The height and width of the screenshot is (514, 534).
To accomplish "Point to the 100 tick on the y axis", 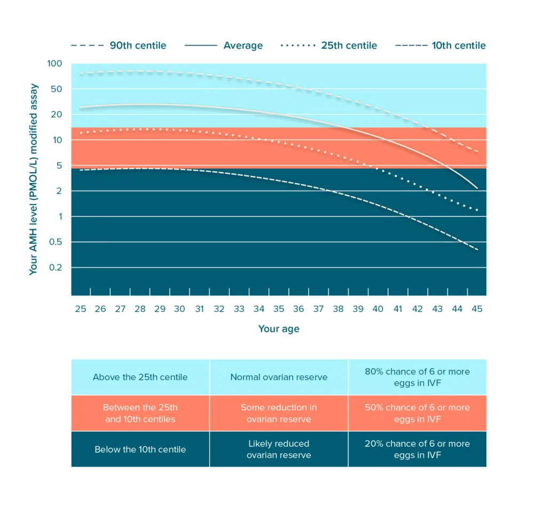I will click(55, 64).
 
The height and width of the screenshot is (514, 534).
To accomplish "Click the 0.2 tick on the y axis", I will click(56, 267).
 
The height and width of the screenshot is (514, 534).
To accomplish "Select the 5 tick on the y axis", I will click(59, 166).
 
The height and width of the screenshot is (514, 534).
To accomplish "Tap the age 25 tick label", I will click(81, 309).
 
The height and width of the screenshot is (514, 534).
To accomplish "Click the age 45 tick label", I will click(477, 309).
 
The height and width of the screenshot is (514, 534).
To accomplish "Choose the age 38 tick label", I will click(338, 309).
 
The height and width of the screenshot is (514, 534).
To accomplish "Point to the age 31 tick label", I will click(200, 309).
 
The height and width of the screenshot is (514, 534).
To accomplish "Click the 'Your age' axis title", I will click(279, 329).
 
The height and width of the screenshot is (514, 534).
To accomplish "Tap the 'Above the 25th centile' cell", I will click(140, 377).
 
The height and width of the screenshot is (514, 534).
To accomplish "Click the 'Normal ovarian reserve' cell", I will click(279, 377).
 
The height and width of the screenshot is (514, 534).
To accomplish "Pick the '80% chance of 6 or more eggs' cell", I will click(417, 377).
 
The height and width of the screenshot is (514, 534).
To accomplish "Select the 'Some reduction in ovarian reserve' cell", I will click(279, 413).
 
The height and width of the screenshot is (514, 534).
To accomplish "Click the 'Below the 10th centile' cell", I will click(140, 449).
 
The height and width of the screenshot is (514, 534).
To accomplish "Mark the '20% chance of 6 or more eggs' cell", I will click(417, 449).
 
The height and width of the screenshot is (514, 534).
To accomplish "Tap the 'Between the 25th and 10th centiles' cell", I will click(140, 413).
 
